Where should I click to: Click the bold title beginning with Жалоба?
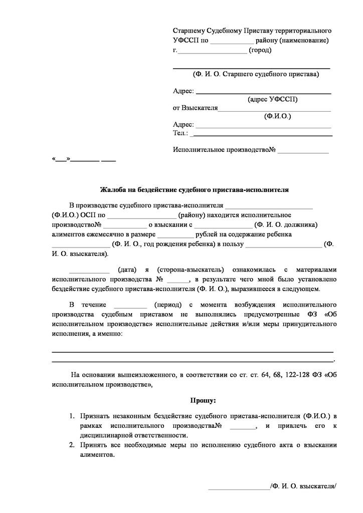point(194,190)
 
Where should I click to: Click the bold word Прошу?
point(203,401)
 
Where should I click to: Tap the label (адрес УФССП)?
point(272,100)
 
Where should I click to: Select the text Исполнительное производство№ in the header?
point(225,150)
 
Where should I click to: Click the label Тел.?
point(180,133)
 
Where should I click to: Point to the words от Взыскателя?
point(195,108)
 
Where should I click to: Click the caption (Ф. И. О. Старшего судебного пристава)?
point(256,74)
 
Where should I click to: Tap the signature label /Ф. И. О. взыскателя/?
point(303,486)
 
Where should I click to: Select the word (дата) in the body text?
point(124,270)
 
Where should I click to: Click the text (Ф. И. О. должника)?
point(286,224)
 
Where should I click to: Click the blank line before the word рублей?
point(174,234)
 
